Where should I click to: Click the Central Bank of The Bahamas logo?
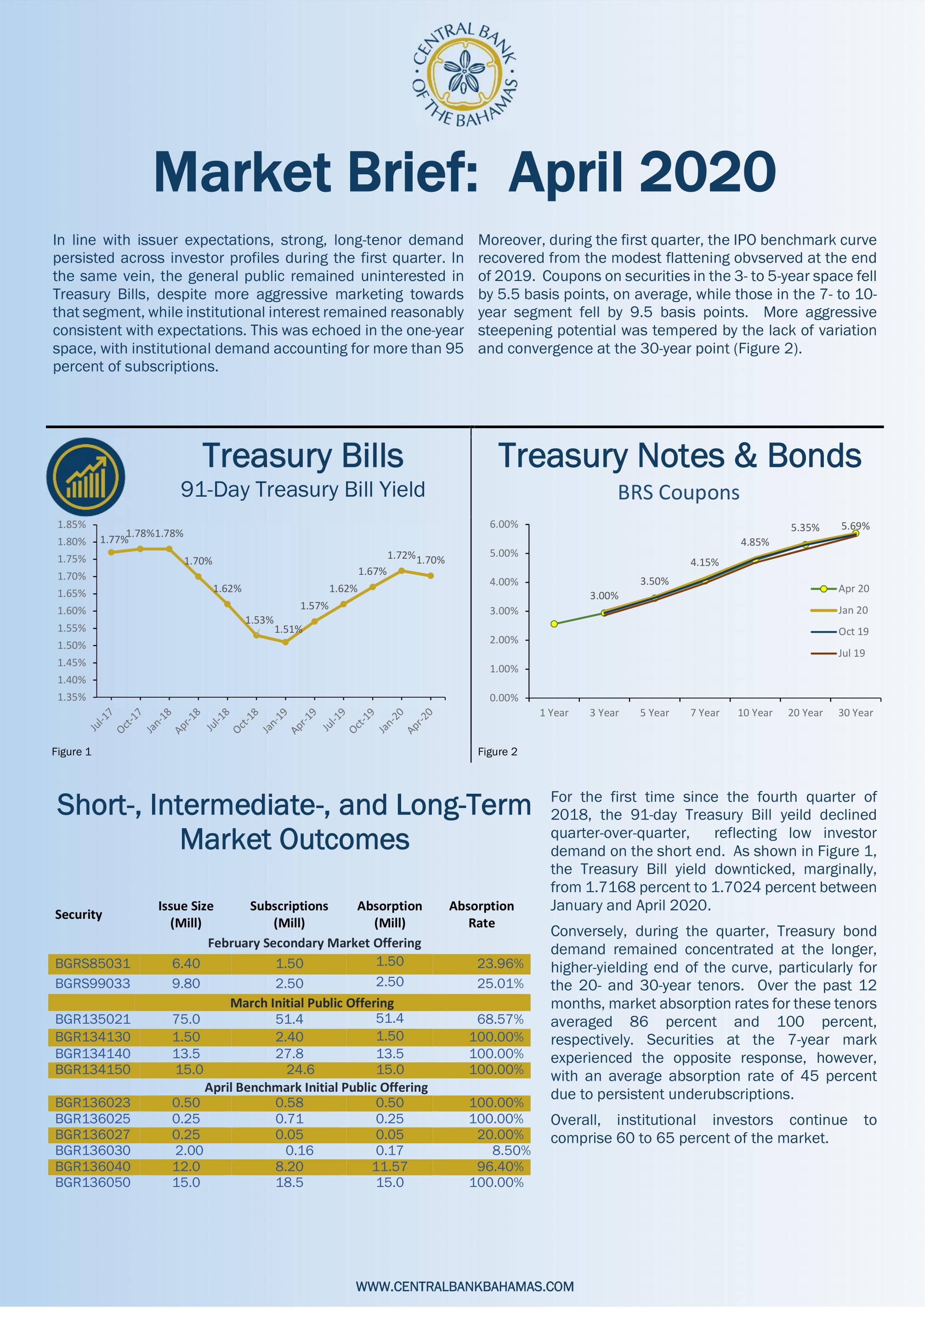click(465, 74)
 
